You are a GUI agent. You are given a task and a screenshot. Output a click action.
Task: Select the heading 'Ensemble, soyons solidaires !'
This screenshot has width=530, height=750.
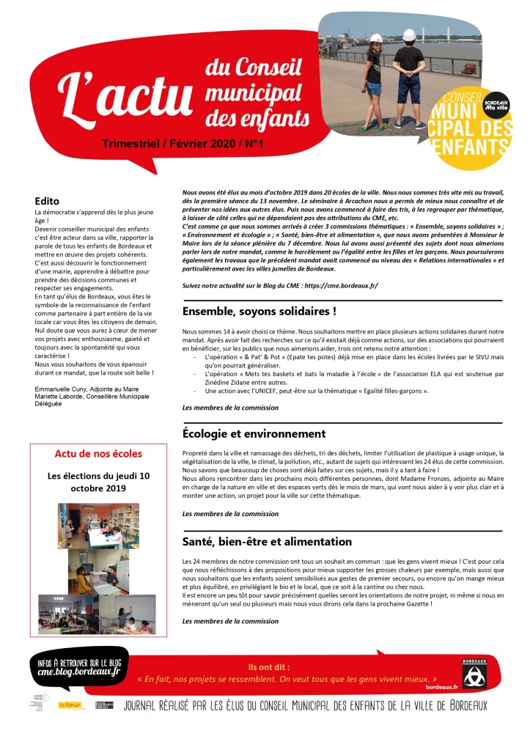[x=260, y=311]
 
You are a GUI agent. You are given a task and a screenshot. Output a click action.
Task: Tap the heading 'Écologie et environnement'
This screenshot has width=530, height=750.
[x=254, y=433]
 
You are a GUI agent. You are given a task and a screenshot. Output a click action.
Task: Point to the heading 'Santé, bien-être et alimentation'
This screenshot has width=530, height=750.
[x=267, y=542]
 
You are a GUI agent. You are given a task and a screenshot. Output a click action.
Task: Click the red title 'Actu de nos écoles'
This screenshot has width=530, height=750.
[x=98, y=453]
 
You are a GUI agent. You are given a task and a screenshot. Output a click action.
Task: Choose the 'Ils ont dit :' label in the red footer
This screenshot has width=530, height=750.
[x=269, y=667]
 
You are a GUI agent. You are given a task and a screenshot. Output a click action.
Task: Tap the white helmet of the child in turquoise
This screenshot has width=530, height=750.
[x=372, y=38]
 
